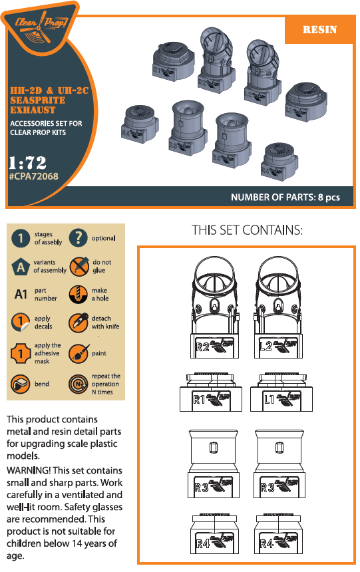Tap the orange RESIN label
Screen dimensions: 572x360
point(319,30)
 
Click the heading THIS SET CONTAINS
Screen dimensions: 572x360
point(247,231)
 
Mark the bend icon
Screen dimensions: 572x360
point(22,384)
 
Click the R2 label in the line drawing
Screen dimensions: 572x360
point(202,347)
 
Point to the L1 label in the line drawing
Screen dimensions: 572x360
point(269,400)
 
